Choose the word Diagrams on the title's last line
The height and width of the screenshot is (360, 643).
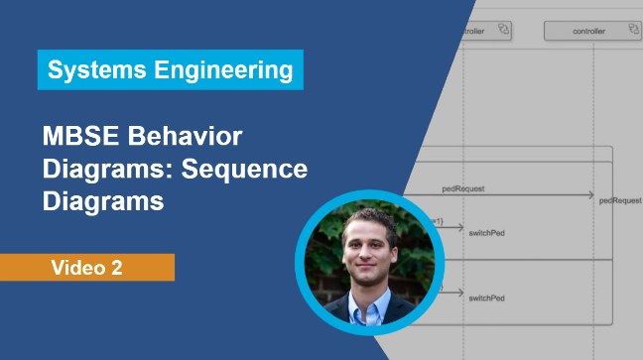[102, 201]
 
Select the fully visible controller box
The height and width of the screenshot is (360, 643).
[589, 31]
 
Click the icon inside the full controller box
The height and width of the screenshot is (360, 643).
[626, 31]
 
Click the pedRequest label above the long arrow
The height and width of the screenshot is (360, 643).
[463, 186]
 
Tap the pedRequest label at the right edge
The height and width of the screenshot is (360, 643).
[621, 199]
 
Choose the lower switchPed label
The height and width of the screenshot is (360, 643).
[487, 297]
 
